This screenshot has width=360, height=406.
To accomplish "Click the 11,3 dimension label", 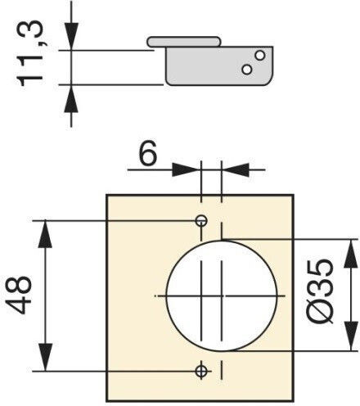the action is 29,53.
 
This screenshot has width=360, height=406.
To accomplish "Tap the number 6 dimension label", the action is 148,153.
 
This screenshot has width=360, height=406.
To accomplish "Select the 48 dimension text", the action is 20,295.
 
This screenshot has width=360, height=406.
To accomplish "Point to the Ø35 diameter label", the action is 320,291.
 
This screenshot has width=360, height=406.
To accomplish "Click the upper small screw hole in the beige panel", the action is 201,220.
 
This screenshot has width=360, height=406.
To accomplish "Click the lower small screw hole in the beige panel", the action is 201,371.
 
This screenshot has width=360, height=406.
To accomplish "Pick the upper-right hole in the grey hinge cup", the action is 260,56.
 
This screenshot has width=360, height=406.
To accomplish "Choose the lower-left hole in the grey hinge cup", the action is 247,70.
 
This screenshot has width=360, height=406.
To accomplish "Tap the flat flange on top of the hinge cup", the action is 183,42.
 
